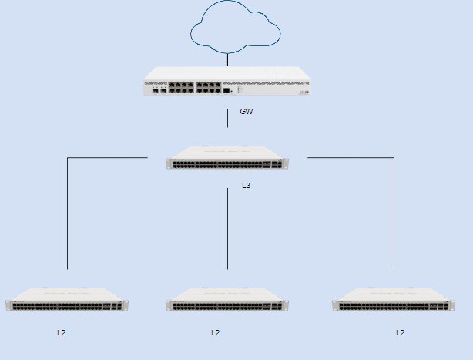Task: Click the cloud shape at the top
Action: point(235,9)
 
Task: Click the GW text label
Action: point(247,111)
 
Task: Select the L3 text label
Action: point(247,185)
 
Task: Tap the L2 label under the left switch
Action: point(61,332)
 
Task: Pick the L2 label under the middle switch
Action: point(216,332)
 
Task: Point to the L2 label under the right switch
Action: point(401,332)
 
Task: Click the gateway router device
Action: point(227,81)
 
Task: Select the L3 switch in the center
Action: point(227,157)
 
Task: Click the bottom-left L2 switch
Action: point(67,299)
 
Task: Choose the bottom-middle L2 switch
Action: point(227,299)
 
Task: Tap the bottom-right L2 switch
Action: point(394,299)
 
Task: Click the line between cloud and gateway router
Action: point(227,60)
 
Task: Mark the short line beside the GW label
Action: point(227,118)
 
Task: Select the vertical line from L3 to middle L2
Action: point(227,229)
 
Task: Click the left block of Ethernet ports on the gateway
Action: point(181,88)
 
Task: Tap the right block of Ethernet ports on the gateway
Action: point(209,88)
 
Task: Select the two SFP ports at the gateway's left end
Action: point(159,90)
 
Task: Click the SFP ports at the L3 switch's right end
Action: point(273,164)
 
